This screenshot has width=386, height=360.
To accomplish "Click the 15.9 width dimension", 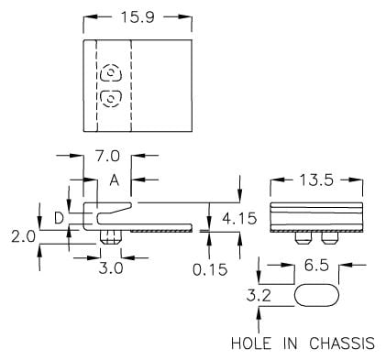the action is pyautogui.click(x=138, y=17).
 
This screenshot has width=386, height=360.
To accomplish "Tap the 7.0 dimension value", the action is pyautogui.click(x=107, y=156).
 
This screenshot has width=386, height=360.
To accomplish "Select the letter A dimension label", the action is pyautogui.click(x=115, y=180).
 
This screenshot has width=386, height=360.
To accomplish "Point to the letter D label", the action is pyautogui.click(x=59, y=218).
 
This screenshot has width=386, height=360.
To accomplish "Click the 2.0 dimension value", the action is pyautogui.click(x=23, y=236).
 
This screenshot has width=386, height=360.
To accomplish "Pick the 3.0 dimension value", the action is pyautogui.click(x=111, y=268).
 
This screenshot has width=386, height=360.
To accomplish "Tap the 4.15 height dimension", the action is pyautogui.click(x=239, y=219).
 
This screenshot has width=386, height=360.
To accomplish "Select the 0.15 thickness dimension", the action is pyautogui.click(x=210, y=269).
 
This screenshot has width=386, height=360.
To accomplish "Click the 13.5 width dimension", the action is pyautogui.click(x=316, y=180).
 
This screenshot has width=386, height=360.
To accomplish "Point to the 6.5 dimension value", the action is pyautogui.click(x=316, y=266).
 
